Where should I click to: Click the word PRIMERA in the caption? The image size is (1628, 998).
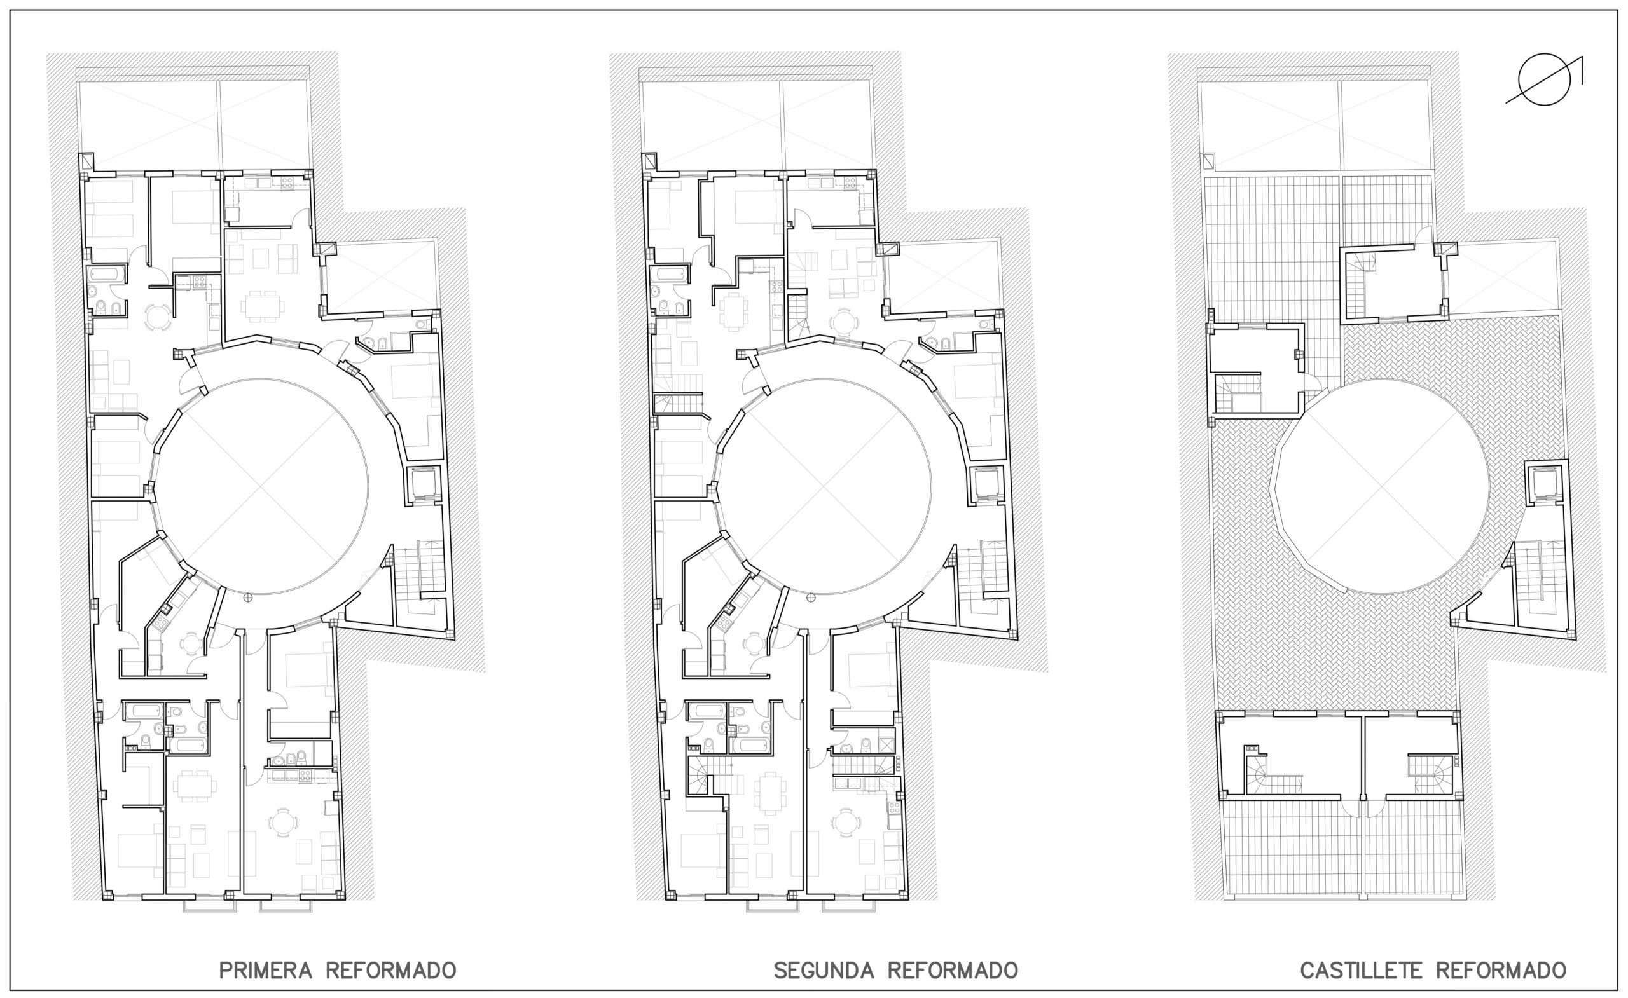266,970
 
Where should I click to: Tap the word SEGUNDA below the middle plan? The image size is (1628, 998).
824,970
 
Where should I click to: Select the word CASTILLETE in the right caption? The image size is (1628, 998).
1361,970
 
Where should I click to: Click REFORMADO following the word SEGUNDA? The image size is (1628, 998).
952,970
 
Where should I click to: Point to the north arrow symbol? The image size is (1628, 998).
1545,79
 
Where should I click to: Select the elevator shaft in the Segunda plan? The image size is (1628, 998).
986,485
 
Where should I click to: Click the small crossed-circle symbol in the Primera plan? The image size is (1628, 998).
248,598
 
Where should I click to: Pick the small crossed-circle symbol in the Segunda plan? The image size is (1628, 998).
811,598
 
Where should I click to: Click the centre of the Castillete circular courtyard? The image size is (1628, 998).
1380,486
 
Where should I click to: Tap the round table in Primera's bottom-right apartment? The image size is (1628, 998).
283,823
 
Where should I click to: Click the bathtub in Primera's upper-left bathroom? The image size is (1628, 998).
106,273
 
